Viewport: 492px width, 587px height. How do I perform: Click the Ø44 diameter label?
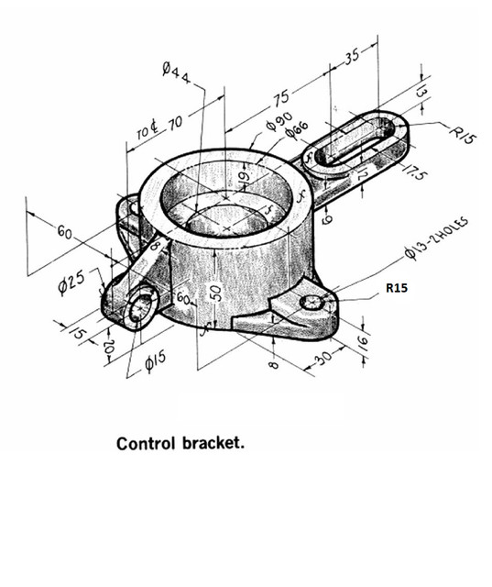176,72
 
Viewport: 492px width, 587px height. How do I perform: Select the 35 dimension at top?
353,56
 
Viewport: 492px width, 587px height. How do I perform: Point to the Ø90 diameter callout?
278,124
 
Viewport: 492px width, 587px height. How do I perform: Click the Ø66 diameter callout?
296,132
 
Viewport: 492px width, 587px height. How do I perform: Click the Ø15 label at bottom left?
159,365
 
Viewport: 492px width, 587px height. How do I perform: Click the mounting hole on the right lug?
312,303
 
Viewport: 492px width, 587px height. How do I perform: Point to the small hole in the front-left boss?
141,307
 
